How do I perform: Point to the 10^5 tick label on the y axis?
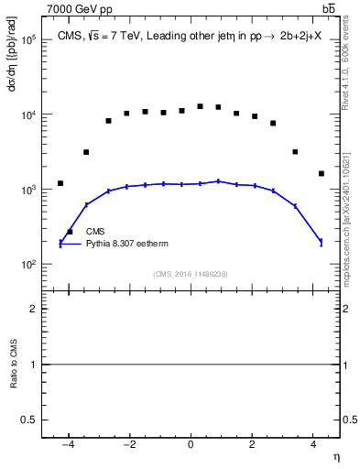[28, 40]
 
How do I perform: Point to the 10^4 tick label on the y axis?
[28, 115]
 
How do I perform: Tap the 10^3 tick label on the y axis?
[28, 190]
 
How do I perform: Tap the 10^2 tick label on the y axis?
[28, 265]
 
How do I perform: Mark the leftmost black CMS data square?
[60, 183]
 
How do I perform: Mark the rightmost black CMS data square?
[321, 173]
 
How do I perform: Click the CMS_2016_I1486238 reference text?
[191, 274]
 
